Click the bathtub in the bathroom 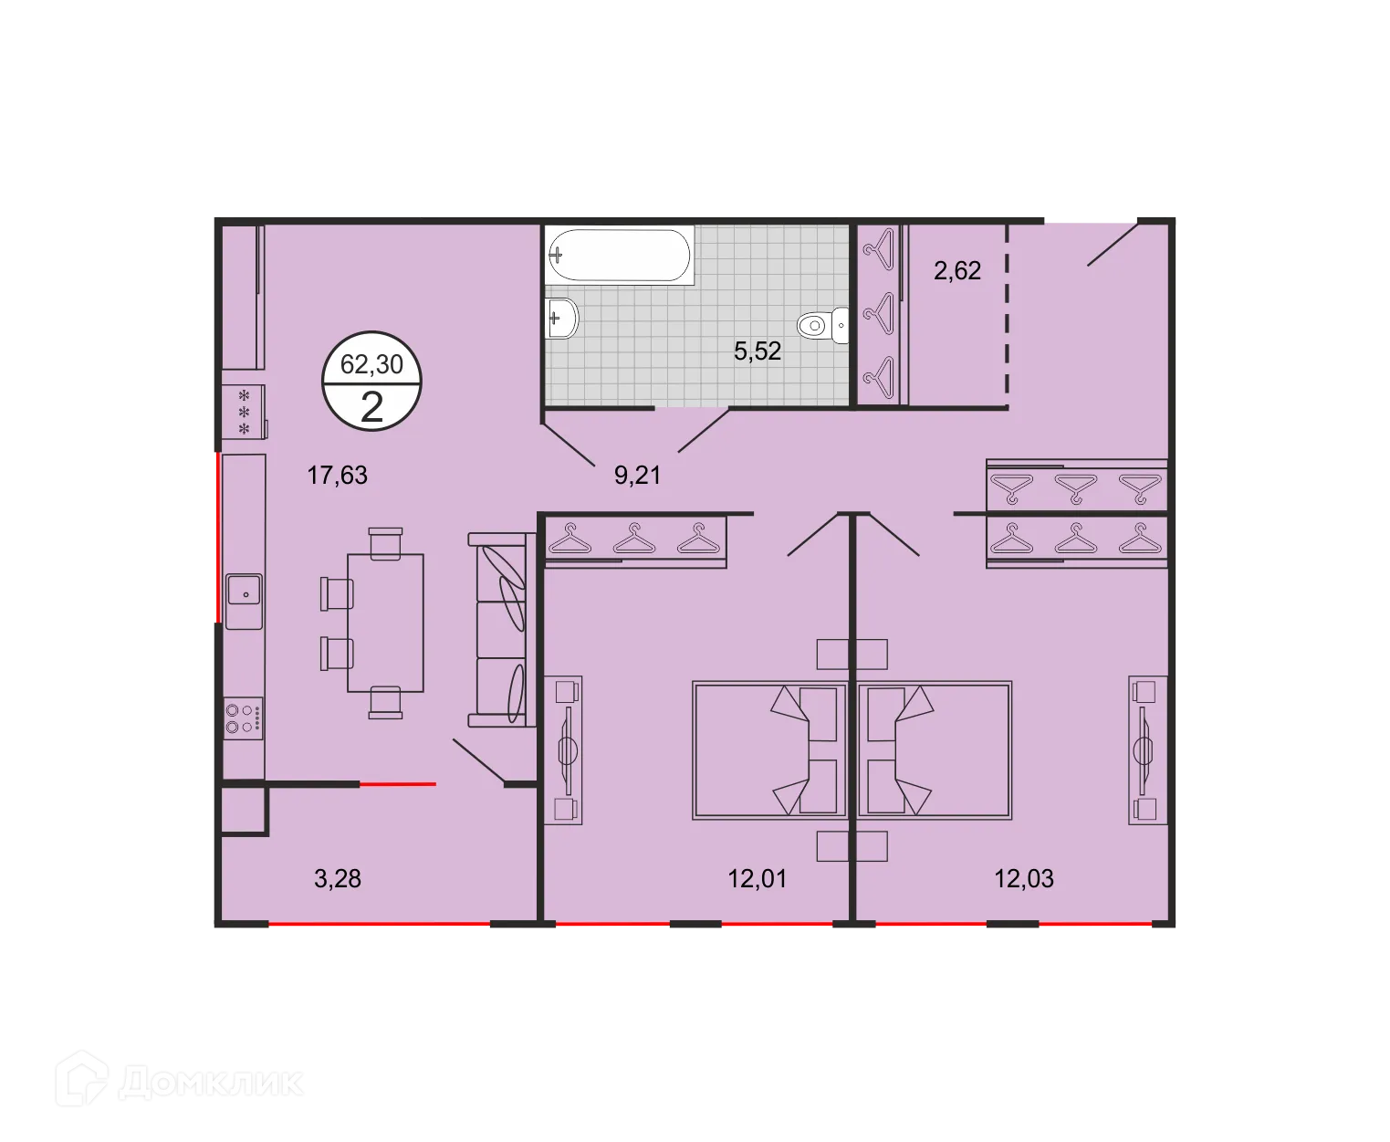tap(619, 255)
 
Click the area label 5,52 tap(758, 351)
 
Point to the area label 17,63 tap(337, 476)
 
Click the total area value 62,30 tap(371, 365)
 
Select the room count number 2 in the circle tap(371, 407)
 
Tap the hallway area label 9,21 tap(637, 476)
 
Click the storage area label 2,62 tap(956, 271)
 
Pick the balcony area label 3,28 tap(337, 879)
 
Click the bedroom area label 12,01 tap(757, 879)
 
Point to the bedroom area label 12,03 tap(1023, 879)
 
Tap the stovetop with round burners tap(244, 718)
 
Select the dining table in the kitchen tap(385, 623)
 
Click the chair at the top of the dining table tap(385, 541)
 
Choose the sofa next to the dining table tap(501, 630)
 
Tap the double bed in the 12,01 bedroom tap(769, 749)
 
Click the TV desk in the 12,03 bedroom tap(1147, 749)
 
